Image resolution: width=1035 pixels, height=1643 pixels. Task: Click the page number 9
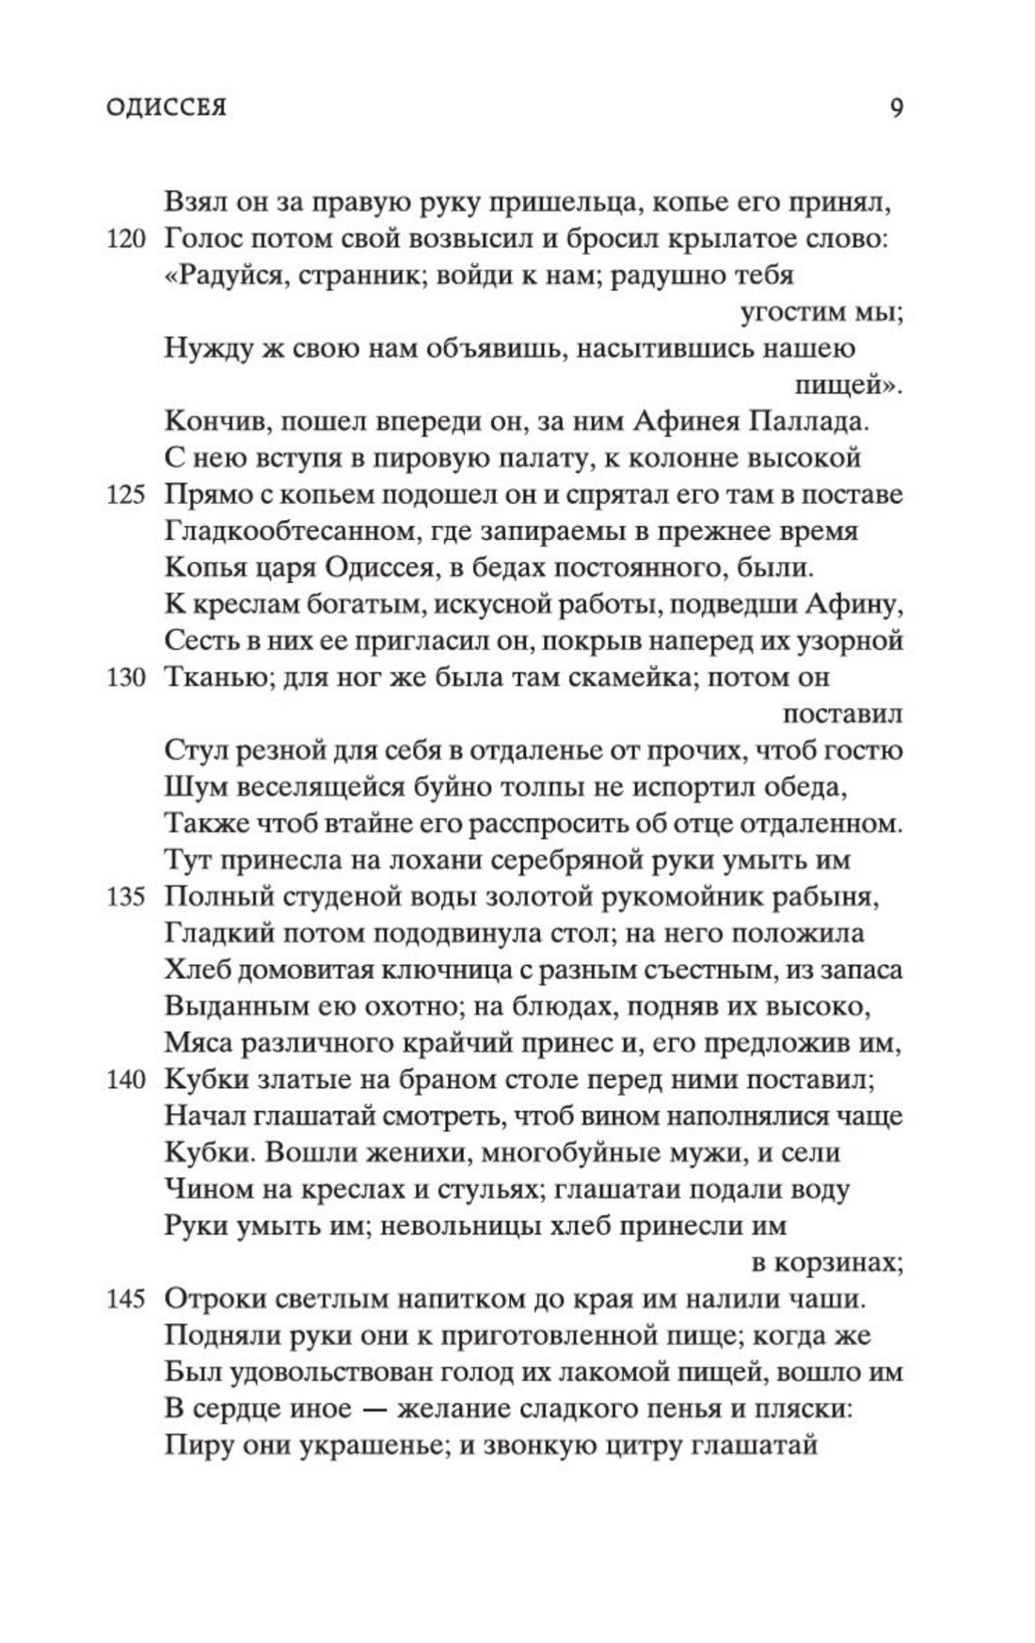(x=896, y=106)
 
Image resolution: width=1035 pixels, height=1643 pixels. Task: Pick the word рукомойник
(x=686, y=896)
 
